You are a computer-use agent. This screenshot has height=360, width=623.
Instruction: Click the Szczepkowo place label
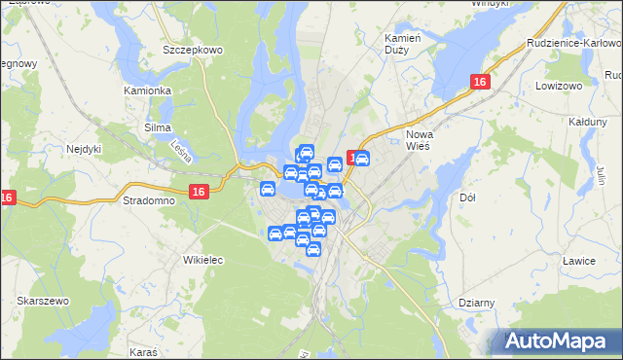(x=195, y=48)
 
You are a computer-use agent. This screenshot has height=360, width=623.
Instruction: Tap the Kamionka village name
(x=148, y=90)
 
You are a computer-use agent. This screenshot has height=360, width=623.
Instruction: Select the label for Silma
(x=157, y=127)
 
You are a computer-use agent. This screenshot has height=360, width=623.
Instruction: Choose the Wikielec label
(x=204, y=260)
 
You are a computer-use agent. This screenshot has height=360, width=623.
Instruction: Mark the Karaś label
(x=143, y=348)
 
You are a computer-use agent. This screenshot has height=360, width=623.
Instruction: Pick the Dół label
(x=466, y=198)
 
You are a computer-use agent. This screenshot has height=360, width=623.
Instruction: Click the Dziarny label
(x=478, y=303)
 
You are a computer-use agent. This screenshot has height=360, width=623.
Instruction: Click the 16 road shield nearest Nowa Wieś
(x=479, y=84)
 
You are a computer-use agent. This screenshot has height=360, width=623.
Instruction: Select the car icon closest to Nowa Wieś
(x=361, y=160)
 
